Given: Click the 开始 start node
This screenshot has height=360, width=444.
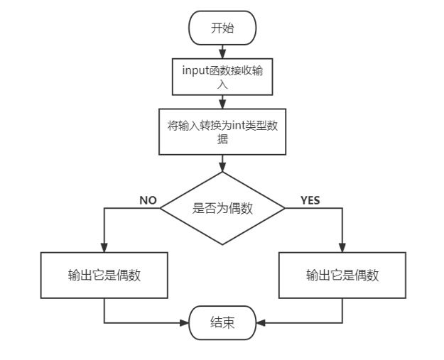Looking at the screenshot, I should (x=222, y=28).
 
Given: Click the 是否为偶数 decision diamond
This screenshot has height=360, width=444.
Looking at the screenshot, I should (x=222, y=209).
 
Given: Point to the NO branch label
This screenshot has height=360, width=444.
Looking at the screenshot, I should (x=148, y=200).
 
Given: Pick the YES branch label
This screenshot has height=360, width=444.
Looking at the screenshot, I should (x=310, y=200).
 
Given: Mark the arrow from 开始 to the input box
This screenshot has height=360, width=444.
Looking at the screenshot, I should (x=222, y=52).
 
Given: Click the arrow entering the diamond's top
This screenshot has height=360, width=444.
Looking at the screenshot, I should (x=222, y=164).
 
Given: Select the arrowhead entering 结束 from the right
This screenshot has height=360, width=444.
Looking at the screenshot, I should (x=260, y=323).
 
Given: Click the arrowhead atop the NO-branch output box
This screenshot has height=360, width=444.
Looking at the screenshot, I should (x=104, y=249).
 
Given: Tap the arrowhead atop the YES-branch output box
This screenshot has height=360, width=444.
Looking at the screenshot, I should (x=342, y=249).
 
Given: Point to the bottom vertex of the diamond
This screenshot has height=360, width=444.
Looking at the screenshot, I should (x=222, y=245).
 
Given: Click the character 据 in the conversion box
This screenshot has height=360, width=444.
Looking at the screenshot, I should (x=222, y=140).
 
